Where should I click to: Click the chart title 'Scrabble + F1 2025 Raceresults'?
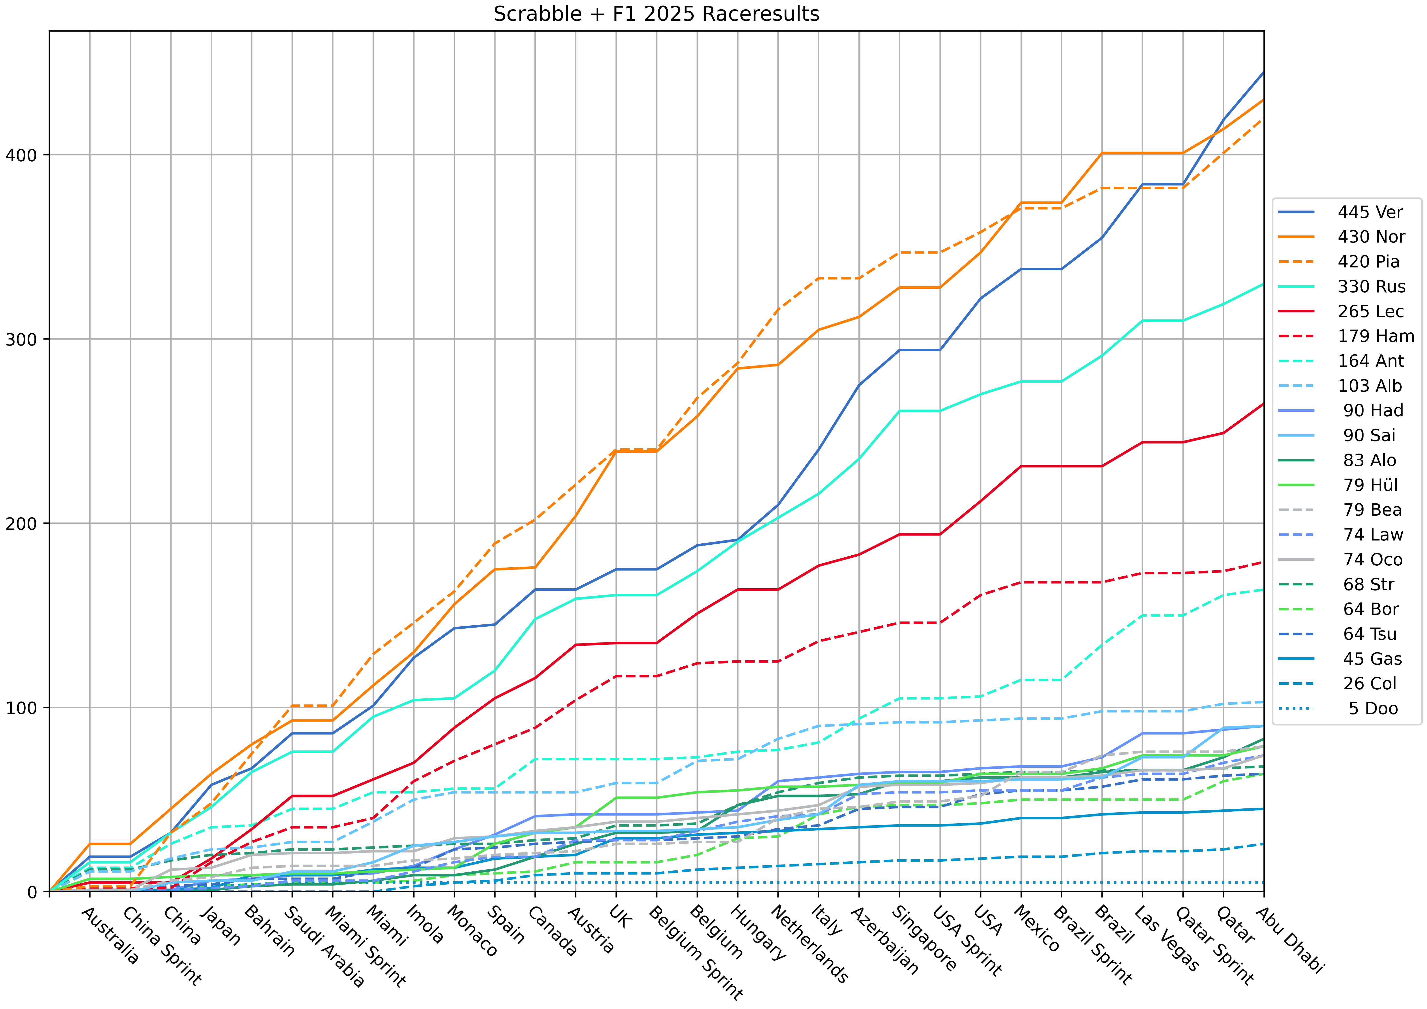tap(656, 14)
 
